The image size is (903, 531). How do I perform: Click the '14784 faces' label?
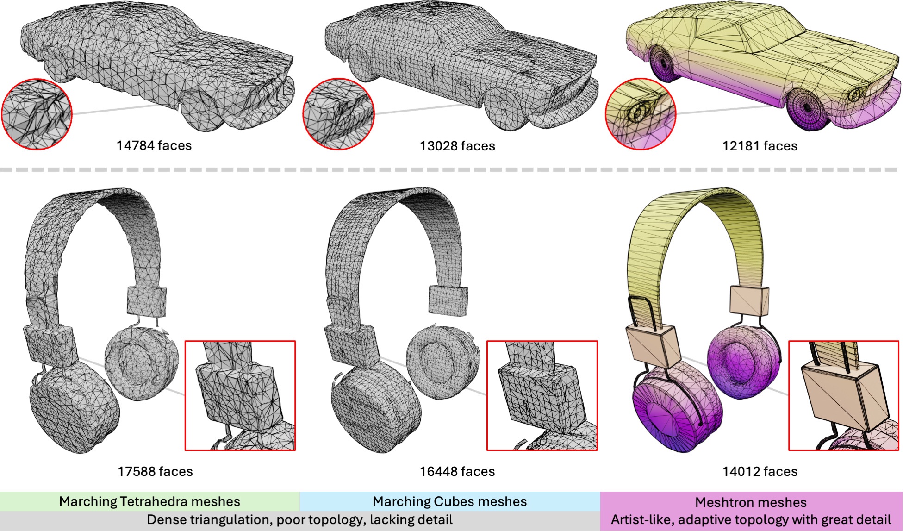pos(154,145)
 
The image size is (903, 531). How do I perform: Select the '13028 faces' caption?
pos(457,146)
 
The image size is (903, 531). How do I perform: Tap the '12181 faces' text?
pos(760,146)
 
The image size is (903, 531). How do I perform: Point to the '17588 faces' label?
pos(155,471)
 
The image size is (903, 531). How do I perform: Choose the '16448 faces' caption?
pos(457,471)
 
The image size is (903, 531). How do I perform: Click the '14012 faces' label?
pos(760,471)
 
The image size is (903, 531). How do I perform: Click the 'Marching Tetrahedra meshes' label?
pos(149,501)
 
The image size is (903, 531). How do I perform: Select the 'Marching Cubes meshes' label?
pos(450,501)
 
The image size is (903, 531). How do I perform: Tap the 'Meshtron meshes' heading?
pos(751,502)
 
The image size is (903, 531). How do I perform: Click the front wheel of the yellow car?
pos(807,107)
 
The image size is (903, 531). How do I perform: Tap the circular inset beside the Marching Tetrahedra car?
pos(37,114)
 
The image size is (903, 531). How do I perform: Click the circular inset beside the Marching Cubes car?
pos(339,114)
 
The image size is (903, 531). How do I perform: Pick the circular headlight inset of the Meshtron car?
pos(641,114)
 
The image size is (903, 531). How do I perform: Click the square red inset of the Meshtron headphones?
pos(843,396)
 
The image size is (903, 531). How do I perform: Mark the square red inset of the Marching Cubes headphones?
pos(542,396)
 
